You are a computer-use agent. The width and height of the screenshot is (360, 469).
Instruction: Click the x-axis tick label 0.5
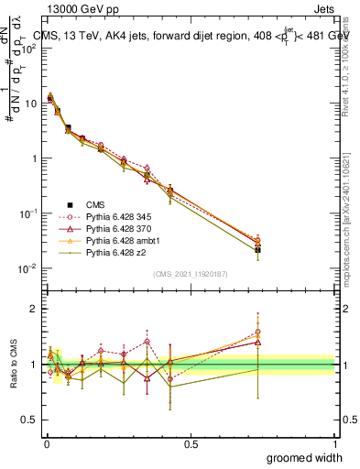(x=191, y=443)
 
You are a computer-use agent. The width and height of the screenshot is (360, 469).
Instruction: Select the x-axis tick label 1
(x=335, y=443)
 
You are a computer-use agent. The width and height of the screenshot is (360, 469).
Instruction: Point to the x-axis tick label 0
(x=46, y=443)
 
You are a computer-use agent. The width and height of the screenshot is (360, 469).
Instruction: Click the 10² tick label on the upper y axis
(x=27, y=49)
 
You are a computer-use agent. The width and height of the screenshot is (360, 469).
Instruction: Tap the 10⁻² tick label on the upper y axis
(x=27, y=268)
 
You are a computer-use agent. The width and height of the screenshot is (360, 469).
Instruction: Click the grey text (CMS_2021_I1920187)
(x=190, y=274)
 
